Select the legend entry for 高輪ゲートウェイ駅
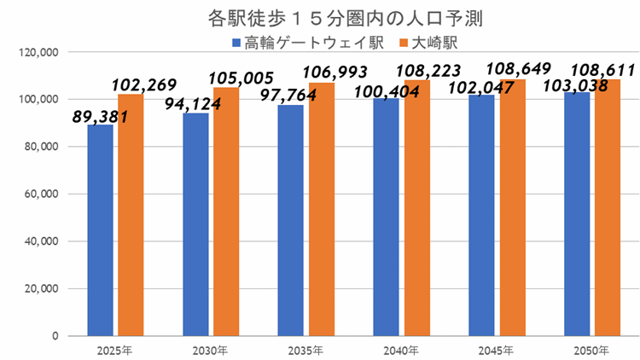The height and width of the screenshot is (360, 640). point(308,41)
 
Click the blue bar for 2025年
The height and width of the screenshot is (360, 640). point(100,230)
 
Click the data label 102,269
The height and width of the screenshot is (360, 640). point(143,85)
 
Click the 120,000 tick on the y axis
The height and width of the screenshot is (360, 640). point(38,52)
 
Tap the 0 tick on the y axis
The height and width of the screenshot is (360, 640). point(54,335)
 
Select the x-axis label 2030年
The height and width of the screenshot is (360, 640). point(210,351)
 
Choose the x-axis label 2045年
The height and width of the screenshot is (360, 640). point(497,351)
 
